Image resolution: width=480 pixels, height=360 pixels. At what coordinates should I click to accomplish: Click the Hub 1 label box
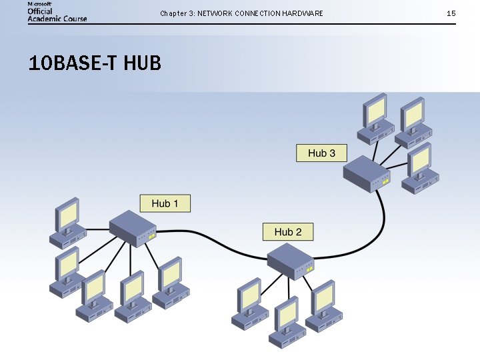tap(165, 203)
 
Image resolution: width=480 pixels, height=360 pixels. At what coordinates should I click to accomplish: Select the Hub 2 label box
tap(288, 232)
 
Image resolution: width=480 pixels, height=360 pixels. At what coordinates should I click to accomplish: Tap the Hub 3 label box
tap(321, 153)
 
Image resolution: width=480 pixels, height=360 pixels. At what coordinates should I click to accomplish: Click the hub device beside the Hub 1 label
tap(133, 229)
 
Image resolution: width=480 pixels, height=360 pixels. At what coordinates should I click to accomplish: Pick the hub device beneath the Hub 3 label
tap(366, 175)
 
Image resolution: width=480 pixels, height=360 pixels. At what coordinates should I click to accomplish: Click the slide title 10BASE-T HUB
tap(95, 64)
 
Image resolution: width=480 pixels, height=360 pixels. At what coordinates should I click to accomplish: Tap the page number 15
tap(451, 13)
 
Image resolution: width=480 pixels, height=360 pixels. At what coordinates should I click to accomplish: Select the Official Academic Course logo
tap(57, 11)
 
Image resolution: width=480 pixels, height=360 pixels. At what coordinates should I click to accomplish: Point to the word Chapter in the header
tap(173, 13)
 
